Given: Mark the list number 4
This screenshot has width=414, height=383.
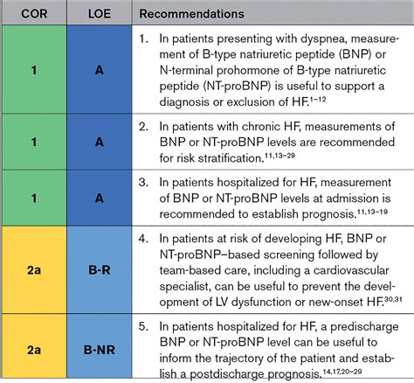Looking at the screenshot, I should (145, 239).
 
